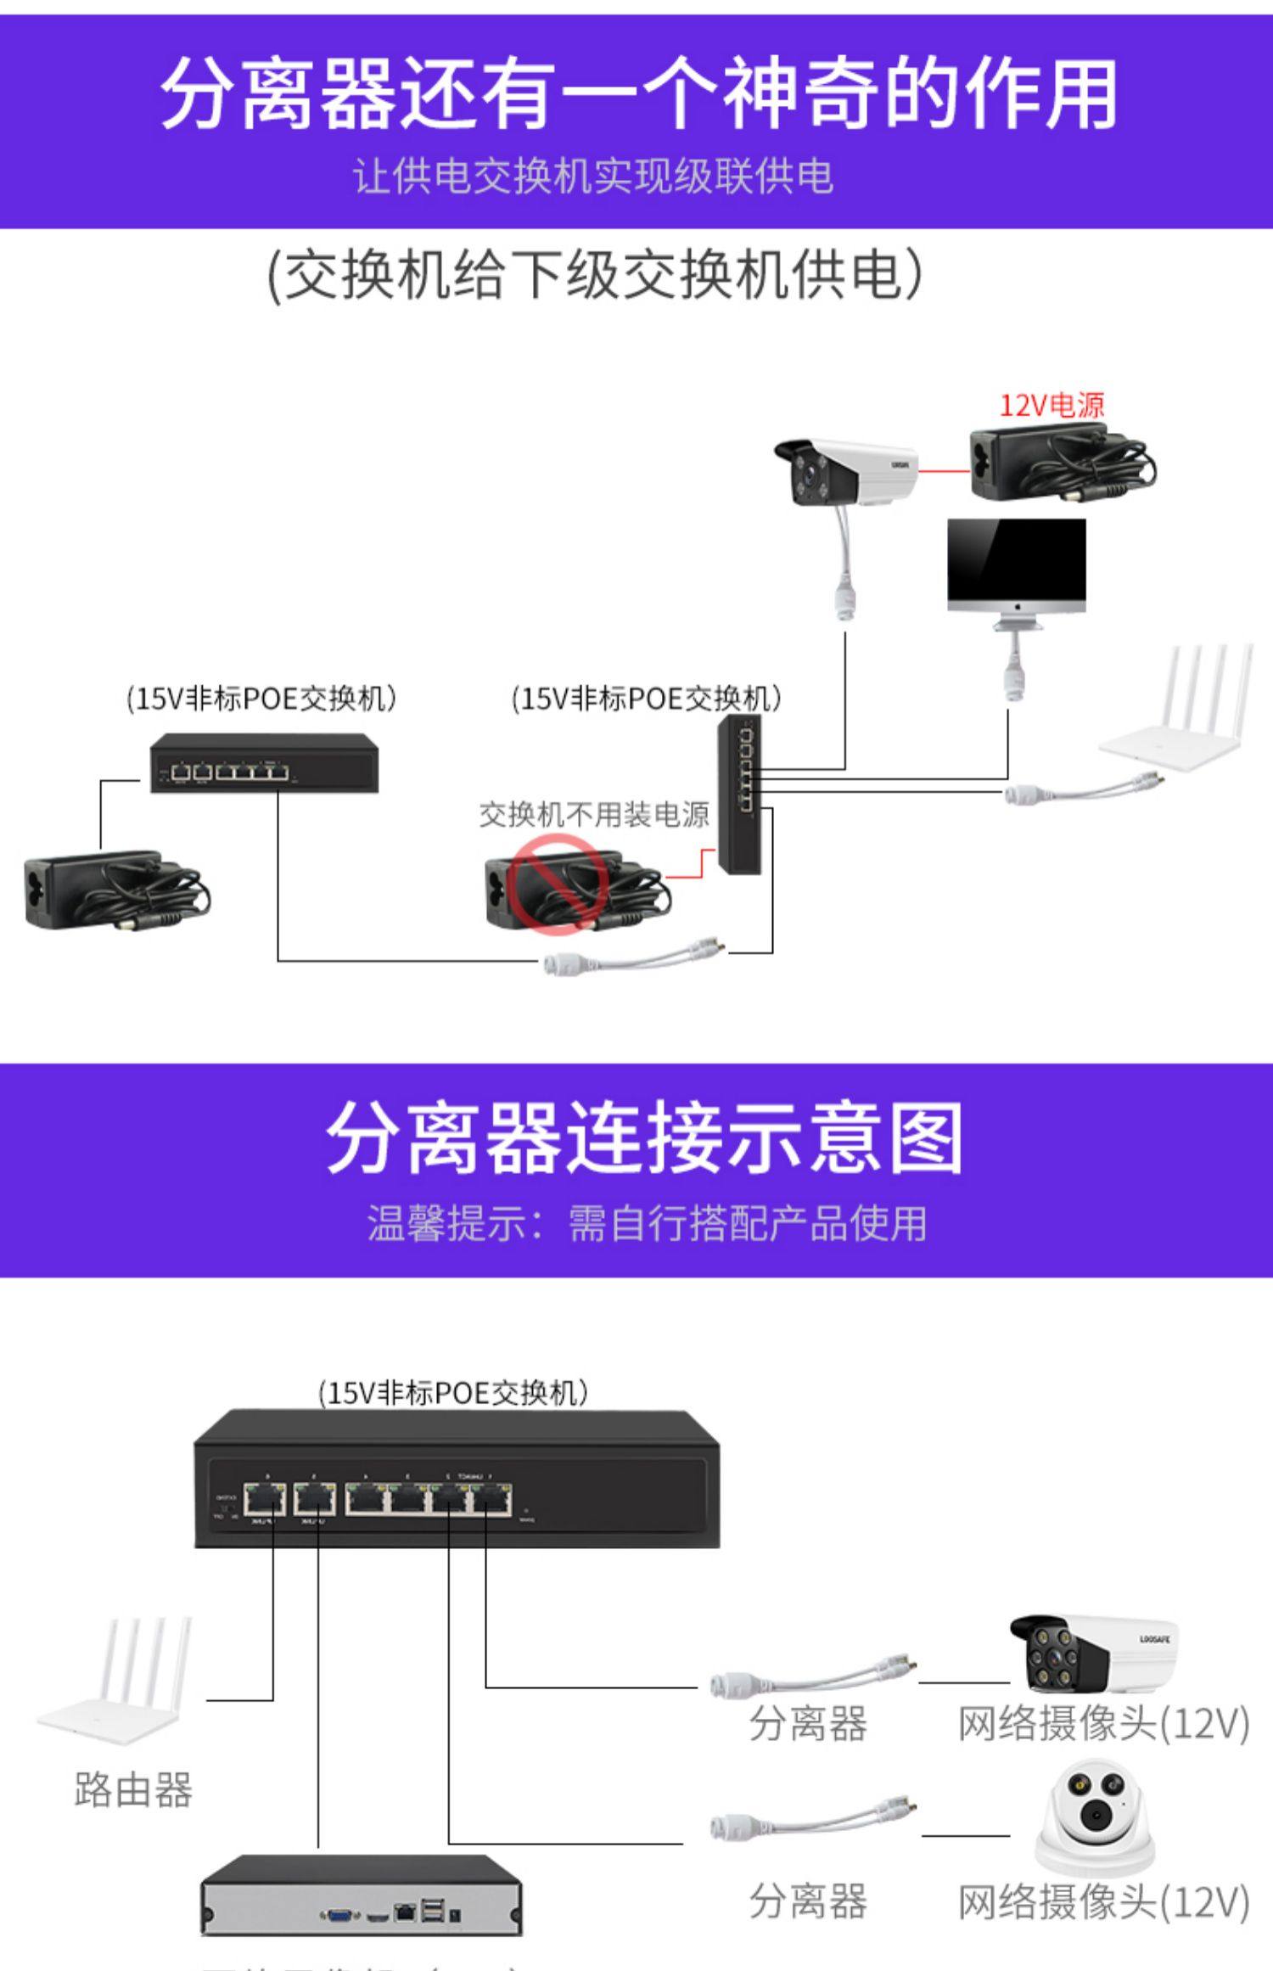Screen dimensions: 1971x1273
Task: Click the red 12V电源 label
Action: pyautogui.click(x=1051, y=406)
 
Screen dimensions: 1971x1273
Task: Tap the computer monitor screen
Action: pyautogui.click(x=1017, y=559)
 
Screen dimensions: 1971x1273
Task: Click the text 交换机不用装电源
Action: pyautogui.click(x=594, y=815)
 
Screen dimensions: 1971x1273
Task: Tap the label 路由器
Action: pyautogui.click(x=133, y=1790)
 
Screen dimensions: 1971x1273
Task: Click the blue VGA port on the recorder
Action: pyautogui.click(x=339, y=1915)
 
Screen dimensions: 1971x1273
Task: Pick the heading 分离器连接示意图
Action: pyautogui.click(x=645, y=1138)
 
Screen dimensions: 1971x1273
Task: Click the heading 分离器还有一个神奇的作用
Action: pyautogui.click(x=638, y=93)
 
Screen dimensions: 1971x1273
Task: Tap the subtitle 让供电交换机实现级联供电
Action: pyautogui.click(x=594, y=177)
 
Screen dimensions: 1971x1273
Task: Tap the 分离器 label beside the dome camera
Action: pyautogui.click(x=808, y=1902)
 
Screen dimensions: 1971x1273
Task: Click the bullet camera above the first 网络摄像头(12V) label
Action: pyautogui.click(x=1092, y=1654)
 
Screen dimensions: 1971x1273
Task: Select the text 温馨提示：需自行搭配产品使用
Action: pyautogui.click(x=647, y=1223)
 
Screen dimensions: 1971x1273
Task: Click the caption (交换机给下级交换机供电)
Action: pyautogui.click(x=594, y=274)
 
